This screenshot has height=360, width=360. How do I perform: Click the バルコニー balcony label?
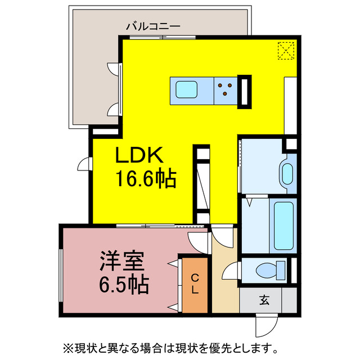pos(152,25)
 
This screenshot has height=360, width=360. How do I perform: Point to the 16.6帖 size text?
pos(146,179)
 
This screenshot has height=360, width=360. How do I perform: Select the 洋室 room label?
pos(123,262)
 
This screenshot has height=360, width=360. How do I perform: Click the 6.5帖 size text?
pos(124,285)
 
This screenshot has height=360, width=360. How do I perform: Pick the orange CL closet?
pos(194,285)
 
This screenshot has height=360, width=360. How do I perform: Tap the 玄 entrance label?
pos(264,299)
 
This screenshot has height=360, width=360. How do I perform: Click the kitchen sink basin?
pos(186,89)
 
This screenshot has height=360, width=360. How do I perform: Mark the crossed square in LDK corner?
pos(286,50)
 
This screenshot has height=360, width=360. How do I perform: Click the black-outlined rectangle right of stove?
pos(245,91)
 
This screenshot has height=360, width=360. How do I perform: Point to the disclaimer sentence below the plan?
pos(179,346)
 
